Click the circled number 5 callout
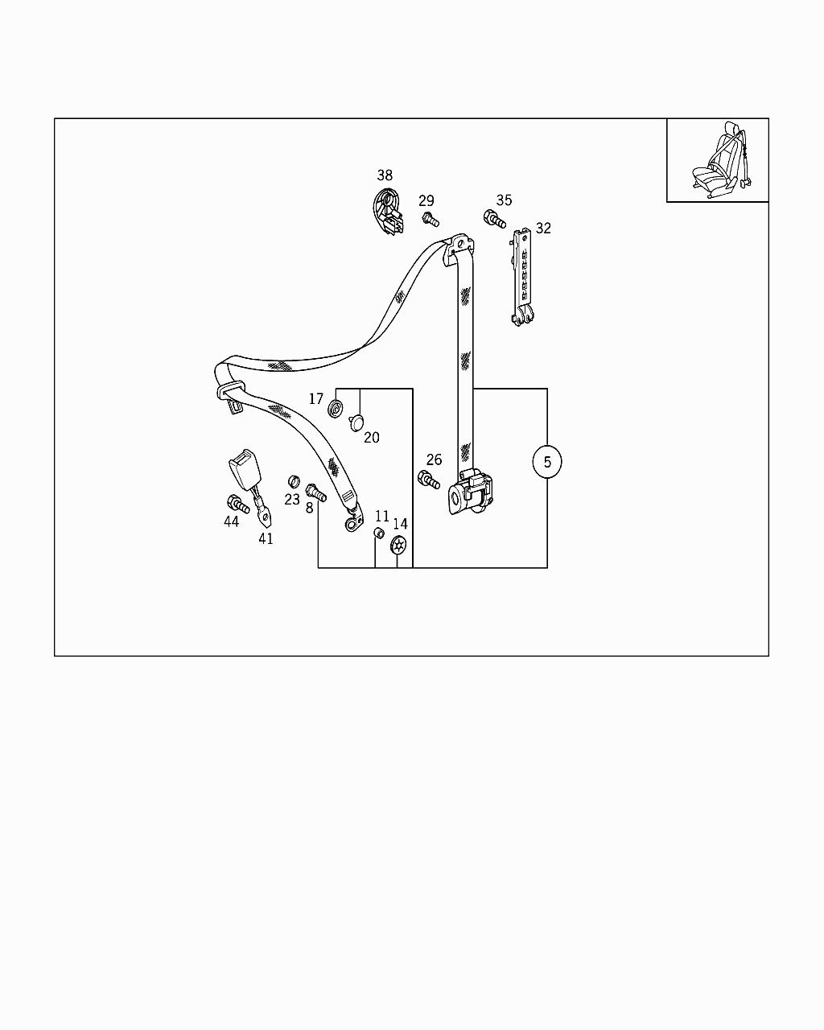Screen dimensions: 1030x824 (x=547, y=462)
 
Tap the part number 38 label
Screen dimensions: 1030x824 (x=385, y=175)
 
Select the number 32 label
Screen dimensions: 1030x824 (x=543, y=229)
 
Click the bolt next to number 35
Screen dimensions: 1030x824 (x=494, y=219)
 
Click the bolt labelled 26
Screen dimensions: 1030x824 (x=429, y=481)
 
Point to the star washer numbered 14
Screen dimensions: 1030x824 (x=398, y=546)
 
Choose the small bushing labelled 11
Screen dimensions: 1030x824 (x=379, y=535)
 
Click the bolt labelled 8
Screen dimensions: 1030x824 (x=316, y=492)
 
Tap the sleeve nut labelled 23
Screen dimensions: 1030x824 (x=294, y=482)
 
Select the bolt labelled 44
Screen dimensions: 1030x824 (x=237, y=504)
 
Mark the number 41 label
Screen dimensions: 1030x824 (x=266, y=539)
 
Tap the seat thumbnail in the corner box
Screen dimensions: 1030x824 (x=719, y=161)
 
